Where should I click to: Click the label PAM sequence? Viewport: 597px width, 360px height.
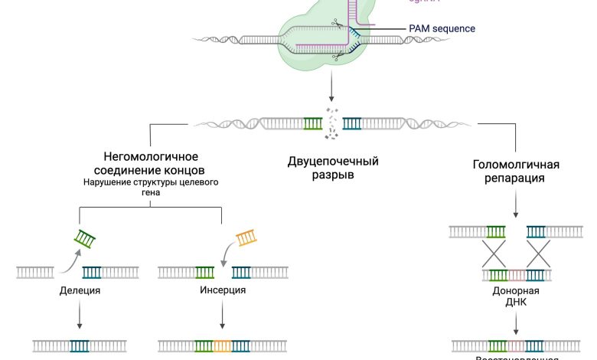[x=442, y=28]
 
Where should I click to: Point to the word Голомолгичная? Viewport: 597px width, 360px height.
[x=516, y=165]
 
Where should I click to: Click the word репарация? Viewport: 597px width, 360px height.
[x=516, y=178]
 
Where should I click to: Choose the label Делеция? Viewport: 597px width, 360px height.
[x=80, y=291]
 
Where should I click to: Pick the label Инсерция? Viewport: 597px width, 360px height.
[x=222, y=291]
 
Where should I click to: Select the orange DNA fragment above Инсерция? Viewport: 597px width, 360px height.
[x=246, y=238]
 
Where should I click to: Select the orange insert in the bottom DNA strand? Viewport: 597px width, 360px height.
[x=223, y=346]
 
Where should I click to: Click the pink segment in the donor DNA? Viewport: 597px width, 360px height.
[x=516, y=275]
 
